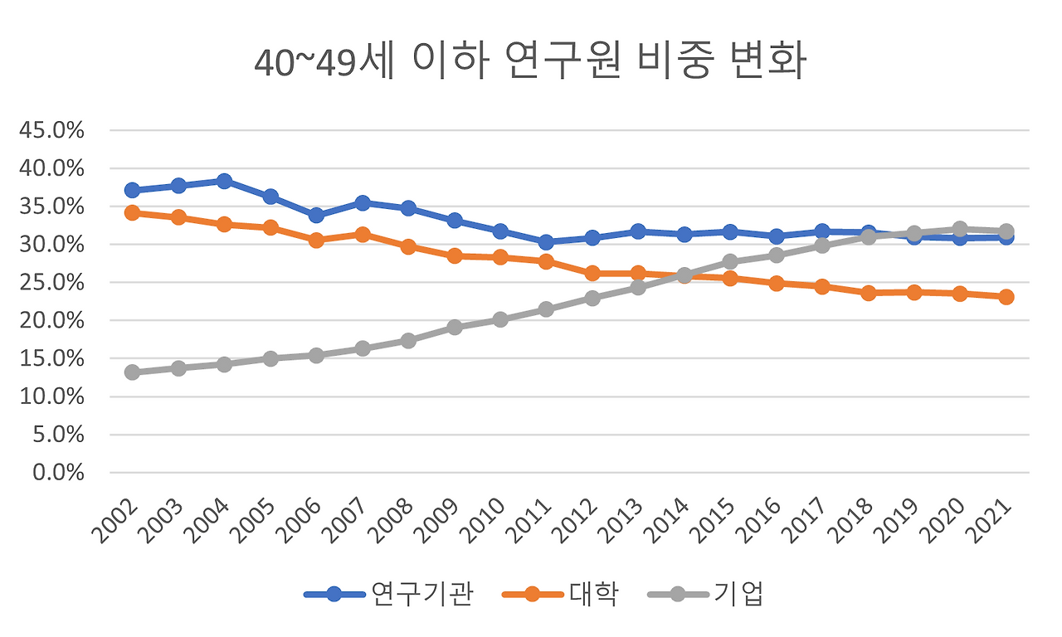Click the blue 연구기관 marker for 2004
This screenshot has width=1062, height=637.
tap(224, 181)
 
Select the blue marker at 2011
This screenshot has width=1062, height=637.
tap(546, 242)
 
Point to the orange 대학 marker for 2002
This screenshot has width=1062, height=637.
tap(132, 212)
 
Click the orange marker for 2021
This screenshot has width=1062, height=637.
tap(1006, 297)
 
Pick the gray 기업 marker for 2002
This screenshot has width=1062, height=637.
tap(132, 372)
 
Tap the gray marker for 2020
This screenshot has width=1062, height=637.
tap(960, 229)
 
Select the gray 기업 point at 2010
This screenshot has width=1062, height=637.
tap(500, 319)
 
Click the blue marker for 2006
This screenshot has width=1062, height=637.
tap(316, 216)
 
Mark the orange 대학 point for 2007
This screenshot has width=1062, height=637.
tap(362, 235)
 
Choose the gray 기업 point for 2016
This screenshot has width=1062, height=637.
tap(776, 255)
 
